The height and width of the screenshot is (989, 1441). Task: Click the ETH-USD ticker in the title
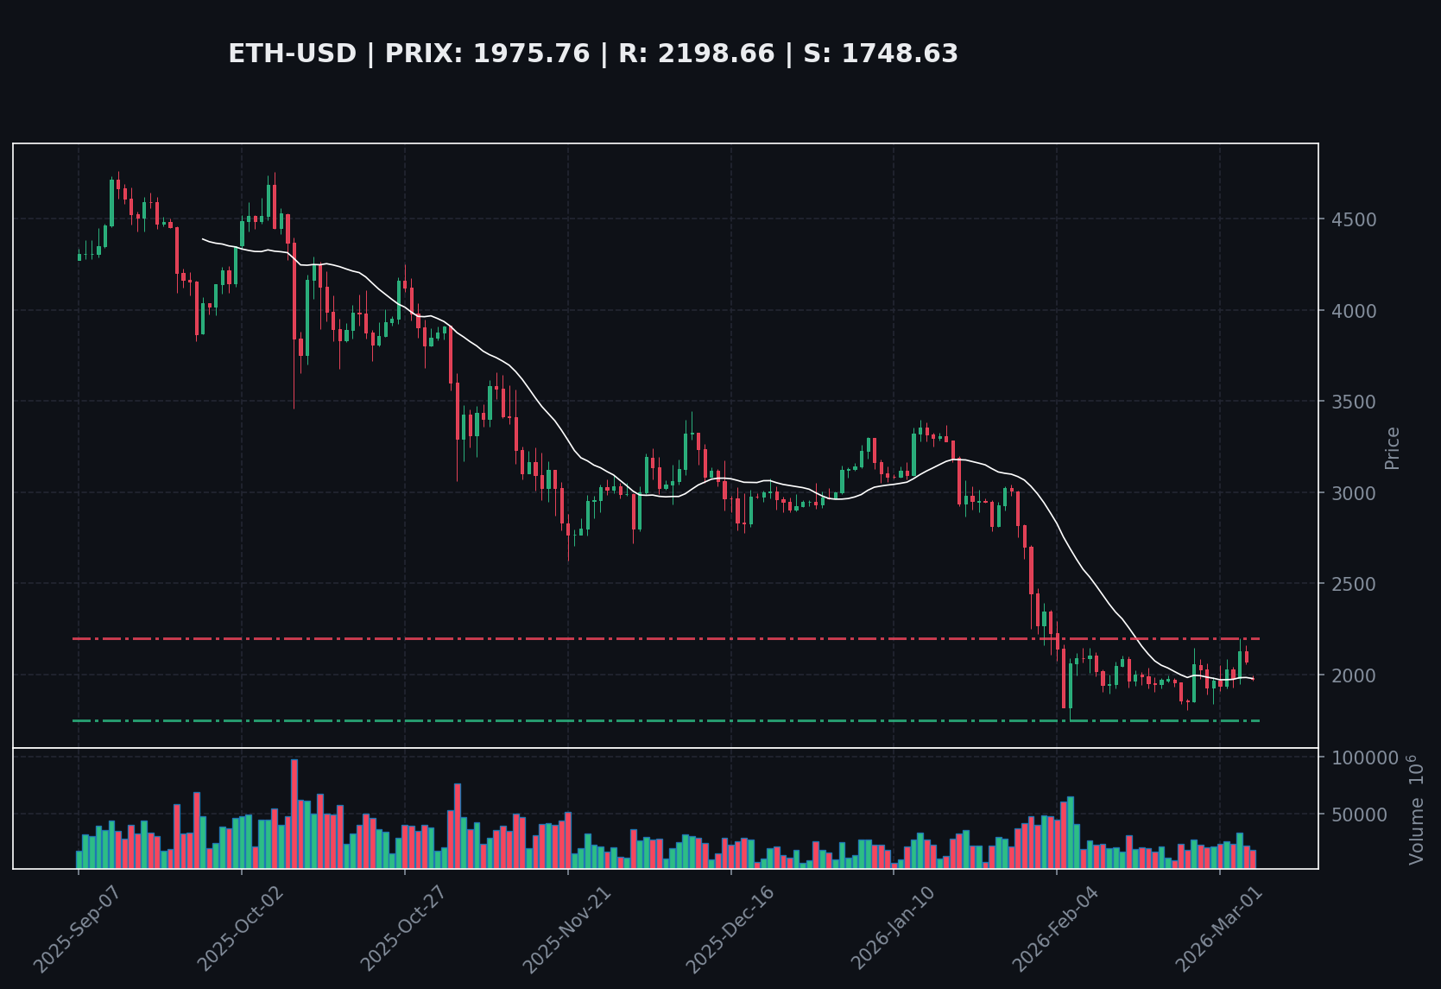[x=292, y=54]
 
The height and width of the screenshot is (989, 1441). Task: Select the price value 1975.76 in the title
[x=531, y=54]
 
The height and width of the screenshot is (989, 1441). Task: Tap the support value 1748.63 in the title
[x=900, y=54]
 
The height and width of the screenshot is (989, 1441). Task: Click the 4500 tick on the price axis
[x=1353, y=219]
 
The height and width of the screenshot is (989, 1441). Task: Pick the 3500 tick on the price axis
[x=1353, y=402]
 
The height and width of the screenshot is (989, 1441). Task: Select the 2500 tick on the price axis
[x=1353, y=584]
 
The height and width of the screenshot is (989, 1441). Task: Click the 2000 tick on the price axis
[x=1353, y=675]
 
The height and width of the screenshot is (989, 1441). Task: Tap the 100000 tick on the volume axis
[x=1364, y=758]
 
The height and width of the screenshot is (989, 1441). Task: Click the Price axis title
[x=1392, y=447]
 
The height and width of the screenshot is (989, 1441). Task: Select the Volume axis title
[x=1416, y=809]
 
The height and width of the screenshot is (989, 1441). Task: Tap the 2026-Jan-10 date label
[x=892, y=929]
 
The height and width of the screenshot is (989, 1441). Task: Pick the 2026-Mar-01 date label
[x=1218, y=929]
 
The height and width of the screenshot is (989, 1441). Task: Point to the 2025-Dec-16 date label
[x=729, y=929]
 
